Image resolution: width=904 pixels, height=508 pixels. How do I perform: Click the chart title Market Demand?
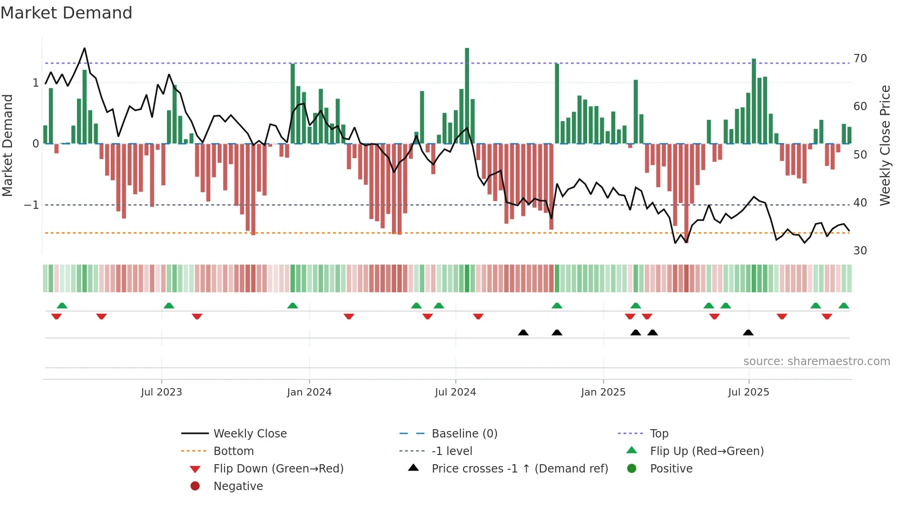click(66, 12)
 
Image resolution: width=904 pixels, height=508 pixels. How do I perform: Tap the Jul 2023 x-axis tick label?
click(161, 392)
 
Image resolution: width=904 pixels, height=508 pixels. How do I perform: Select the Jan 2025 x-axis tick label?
click(603, 392)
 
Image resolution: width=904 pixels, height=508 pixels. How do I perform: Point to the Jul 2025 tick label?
click(748, 392)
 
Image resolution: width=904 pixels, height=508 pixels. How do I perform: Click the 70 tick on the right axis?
click(860, 59)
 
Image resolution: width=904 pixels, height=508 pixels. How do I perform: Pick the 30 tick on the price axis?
click(860, 251)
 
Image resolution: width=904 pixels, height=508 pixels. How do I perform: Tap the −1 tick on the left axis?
click(31, 205)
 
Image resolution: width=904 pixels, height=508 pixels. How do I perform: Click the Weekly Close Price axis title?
click(885, 145)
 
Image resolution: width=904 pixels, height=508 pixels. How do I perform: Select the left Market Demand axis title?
click(8, 145)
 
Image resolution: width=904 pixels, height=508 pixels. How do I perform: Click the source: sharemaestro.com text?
click(816, 361)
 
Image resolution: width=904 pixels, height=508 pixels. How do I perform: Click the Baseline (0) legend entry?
click(464, 434)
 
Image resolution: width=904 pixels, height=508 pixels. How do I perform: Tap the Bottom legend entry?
click(233, 451)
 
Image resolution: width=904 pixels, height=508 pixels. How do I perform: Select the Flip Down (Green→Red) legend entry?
click(278, 469)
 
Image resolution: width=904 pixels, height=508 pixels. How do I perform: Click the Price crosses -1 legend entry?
click(519, 469)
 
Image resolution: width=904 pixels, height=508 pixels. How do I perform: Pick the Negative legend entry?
click(238, 486)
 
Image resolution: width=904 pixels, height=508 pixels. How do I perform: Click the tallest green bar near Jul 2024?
click(467, 95)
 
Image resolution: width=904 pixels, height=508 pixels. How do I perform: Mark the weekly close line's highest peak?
click(84, 48)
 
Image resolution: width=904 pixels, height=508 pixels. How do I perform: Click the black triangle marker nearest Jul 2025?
click(748, 332)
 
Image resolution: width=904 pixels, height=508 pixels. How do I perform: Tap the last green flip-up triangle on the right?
click(844, 306)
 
